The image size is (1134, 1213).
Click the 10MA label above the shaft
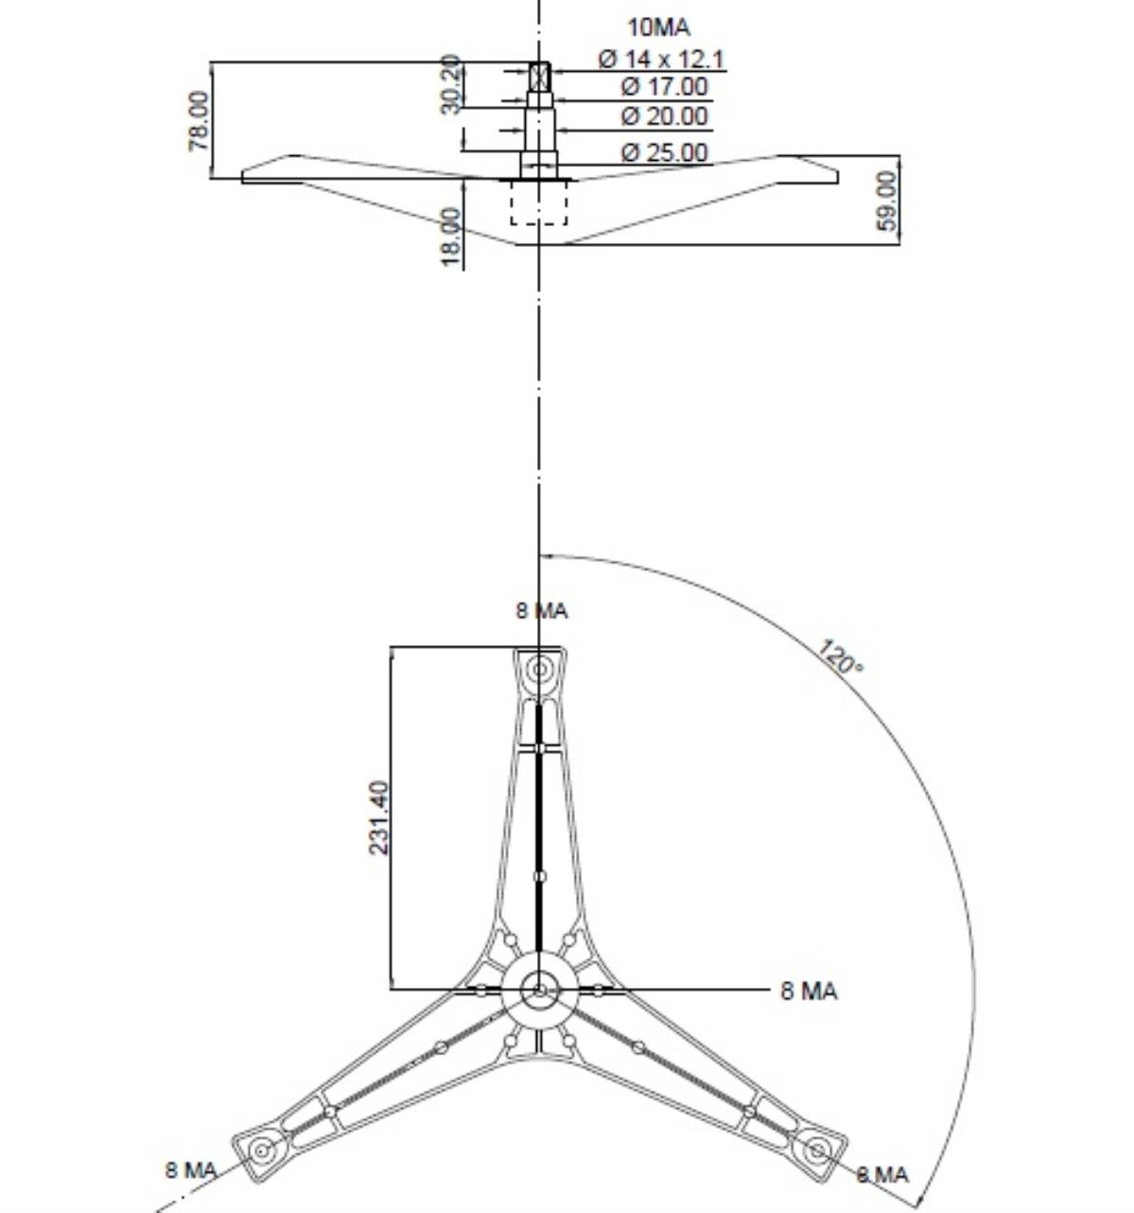(x=659, y=27)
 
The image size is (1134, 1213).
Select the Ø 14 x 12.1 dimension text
(x=661, y=60)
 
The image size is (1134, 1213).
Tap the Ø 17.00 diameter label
(x=664, y=87)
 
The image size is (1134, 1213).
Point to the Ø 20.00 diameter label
(x=664, y=116)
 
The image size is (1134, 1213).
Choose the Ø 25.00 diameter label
(x=664, y=152)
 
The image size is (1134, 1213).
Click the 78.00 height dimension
(x=199, y=121)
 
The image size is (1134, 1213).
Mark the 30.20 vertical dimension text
(x=451, y=84)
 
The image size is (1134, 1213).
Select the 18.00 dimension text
(x=451, y=237)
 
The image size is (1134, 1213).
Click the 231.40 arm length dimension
(x=379, y=817)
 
